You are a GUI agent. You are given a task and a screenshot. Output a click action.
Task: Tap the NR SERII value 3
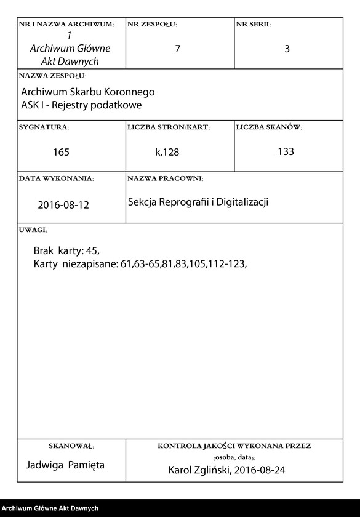tap(287, 49)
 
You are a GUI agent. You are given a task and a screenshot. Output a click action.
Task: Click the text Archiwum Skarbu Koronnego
tap(88, 92)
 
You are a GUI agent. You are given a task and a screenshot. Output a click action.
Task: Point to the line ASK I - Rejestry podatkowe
tap(81, 105)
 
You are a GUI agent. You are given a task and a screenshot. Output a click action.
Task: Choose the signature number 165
tap(62, 152)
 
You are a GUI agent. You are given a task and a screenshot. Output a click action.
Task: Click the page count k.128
tap(167, 152)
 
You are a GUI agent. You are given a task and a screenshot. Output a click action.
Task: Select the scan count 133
tap(286, 151)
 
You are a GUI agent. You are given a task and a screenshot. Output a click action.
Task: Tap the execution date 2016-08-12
tap(63, 205)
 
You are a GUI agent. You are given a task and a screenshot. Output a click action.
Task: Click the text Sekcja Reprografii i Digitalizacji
tap(199, 202)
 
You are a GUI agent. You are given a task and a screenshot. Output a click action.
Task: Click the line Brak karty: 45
tap(66, 251)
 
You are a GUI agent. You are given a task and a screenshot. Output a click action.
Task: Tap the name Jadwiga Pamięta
tap(65, 465)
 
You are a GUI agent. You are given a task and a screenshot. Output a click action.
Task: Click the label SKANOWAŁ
tap(71, 445)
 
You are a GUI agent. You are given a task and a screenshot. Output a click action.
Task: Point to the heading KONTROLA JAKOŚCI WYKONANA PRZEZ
tap(234, 445)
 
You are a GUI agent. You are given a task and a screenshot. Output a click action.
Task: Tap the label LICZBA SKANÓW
tap(269, 127)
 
